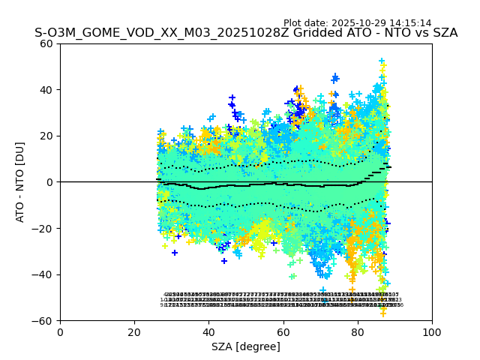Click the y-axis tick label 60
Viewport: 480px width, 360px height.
coord(47,43)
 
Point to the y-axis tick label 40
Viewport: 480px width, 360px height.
coord(47,90)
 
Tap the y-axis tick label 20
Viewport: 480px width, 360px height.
coord(47,136)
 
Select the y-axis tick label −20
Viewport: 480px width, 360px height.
coord(44,229)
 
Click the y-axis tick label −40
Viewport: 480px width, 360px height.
coord(44,274)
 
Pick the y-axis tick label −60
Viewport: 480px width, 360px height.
coord(44,321)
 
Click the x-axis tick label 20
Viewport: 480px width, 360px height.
coord(134,332)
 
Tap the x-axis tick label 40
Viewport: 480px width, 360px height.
coord(208,332)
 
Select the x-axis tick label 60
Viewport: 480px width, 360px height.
coord(283,332)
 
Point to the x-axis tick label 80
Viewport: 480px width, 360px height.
coord(357,332)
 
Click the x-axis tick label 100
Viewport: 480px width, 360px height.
coord(431,332)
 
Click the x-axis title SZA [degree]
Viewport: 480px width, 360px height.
coord(246,346)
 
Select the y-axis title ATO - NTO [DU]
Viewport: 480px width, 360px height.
coord(20,182)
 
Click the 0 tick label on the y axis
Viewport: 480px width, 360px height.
coord(50,182)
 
